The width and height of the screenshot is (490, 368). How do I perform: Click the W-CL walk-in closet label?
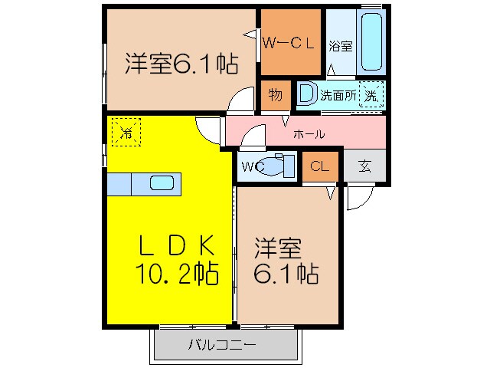(x=289, y=43)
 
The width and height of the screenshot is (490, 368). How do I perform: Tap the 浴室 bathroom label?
(x=341, y=45)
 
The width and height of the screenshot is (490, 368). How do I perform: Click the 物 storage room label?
(x=276, y=95)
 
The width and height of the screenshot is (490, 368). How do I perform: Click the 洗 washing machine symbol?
(x=371, y=95)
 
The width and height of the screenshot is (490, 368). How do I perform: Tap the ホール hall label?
(x=309, y=134)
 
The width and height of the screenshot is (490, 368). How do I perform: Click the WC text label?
(x=252, y=166)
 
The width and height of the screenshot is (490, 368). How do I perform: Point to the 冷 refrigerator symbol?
(x=125, y=131)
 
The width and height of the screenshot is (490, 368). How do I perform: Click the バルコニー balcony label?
(x=222, y=345)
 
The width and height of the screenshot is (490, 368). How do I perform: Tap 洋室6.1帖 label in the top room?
(x=180, y=63)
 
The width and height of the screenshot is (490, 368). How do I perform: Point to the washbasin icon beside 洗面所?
(x=306, y=94)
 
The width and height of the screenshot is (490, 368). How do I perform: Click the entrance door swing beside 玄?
(x=356, y=198)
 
